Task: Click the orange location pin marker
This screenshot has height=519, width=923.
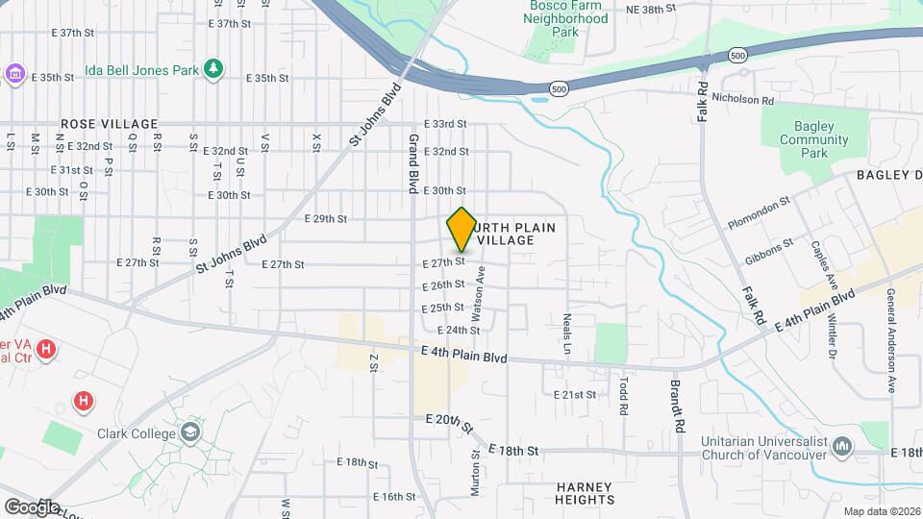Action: pyautogui.click(x=461, y=230)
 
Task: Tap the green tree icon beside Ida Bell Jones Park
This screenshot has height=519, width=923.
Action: pyautogui.click(x=212, y=69)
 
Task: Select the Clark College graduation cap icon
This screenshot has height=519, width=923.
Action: pyautogui.click(x=190, y=432)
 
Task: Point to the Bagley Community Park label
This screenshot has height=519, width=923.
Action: pyautogui.click(x=813, y=139)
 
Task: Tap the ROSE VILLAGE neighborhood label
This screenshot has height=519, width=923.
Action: pyautogui.click(x=108, y=124)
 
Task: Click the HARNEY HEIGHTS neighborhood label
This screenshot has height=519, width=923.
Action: pyautogui.click(x=585, y=493)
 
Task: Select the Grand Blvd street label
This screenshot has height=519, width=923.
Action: pyautogui.click(x=412, y=161)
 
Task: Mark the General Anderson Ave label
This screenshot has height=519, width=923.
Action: pyautogui.click(x=891, y=340)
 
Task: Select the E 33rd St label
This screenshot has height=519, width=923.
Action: pyautogui.click(x=444, y=124)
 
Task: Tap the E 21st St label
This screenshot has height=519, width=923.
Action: pyautogui.click(x=576, y=395)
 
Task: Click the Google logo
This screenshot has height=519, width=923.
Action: pyautogui.click(x=32, y=507)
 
